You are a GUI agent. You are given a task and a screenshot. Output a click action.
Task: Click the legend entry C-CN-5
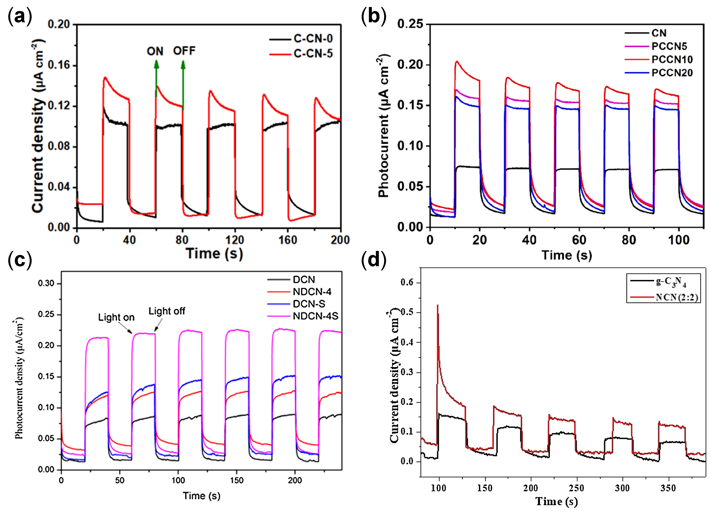pos(313,54)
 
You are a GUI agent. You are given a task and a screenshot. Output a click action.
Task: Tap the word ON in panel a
pos(155,51)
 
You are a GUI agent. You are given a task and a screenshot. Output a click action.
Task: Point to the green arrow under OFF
pos(183,85)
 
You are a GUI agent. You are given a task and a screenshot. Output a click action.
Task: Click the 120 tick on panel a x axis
pos(235,240)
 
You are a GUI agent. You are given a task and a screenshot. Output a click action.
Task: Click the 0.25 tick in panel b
pos(409,24)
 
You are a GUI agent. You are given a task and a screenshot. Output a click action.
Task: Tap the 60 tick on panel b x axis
pos(579,240)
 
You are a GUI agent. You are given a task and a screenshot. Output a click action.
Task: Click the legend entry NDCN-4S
pos(315,316)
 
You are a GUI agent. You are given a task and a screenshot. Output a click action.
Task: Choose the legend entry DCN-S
pos(308,304)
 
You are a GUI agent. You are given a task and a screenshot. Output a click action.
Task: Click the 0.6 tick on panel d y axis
pos(407,283)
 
